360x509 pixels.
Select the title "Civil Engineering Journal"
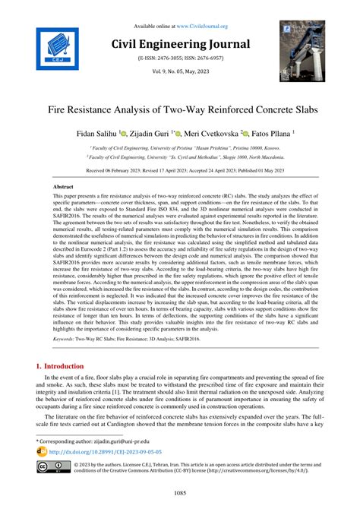coord(179,41)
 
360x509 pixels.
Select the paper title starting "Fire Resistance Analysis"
coord(179,110)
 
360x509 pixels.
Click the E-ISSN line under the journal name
coord(179,58)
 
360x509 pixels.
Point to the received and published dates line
coord(179,171)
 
